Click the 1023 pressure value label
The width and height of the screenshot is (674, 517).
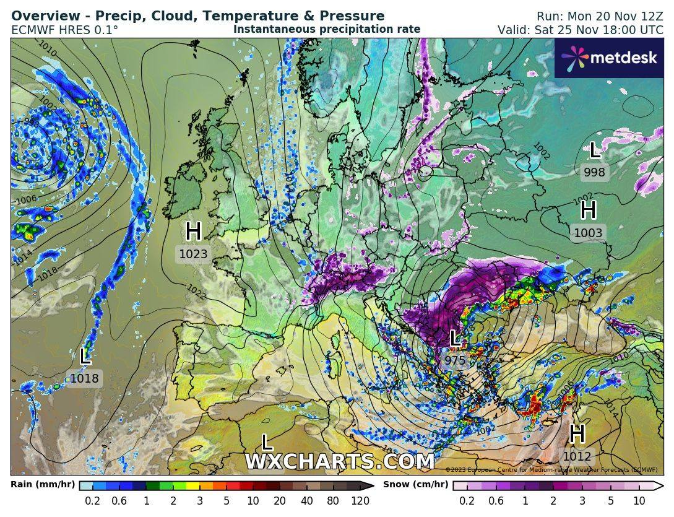click(x=193, y=254)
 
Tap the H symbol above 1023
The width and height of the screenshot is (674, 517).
click(x=193, y=232)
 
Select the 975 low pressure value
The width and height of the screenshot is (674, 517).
click(x=455, y=360)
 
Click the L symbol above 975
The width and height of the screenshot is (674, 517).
click(x=455, y=338)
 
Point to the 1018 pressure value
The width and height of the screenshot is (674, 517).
click(x=84, y=378)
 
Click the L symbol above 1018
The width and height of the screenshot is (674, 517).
click(x=85, y=356)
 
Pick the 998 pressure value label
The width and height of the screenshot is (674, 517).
click(x=594, y=173)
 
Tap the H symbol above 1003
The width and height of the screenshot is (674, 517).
click(x=588, y=211)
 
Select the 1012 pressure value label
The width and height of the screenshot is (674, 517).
click(x=577, y=457)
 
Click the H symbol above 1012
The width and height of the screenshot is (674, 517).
click(x=577, y=434)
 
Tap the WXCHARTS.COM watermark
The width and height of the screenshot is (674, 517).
click(x=339, y=462)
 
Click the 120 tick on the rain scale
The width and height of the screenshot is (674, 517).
click(x=360, y=501)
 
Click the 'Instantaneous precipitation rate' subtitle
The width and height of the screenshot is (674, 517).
click(x=327, y=29)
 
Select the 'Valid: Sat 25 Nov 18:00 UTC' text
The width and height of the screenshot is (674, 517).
click(x=580, y=30)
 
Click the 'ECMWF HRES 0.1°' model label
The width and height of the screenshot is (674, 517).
click(x=64, y=30)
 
